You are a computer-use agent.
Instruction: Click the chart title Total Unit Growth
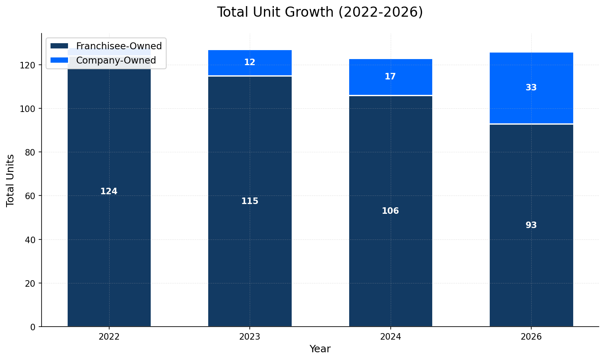coord(320,12)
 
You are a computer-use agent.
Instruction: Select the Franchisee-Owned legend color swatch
coord(59,46)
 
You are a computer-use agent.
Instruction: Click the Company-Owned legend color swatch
coord(59,60)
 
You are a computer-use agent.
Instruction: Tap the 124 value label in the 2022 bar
coord(109,191)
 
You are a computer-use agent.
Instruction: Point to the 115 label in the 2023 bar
coord(250,201)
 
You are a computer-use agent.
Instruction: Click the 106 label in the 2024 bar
coord(390,211)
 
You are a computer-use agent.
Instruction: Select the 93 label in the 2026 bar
coord(531,225)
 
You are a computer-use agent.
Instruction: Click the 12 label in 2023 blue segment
coord(250,62)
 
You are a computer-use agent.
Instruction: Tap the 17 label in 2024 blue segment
coord(390,77)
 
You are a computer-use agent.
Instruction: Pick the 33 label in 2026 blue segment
coord(531,88)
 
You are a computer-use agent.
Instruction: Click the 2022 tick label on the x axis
coord(109,337)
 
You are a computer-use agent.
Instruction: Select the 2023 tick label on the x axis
coord(250,337)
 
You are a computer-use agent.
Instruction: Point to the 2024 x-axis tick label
coord(390,337)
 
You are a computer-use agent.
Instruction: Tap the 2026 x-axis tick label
coord(531,337)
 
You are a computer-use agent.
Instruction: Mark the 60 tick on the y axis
coord(32,196)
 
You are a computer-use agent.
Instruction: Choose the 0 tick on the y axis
coord(34,327)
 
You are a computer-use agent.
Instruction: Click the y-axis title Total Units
coord(11,180)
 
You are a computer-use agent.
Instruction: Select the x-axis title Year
coord(320,349)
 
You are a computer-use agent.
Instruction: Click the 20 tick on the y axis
coord(32,283)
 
